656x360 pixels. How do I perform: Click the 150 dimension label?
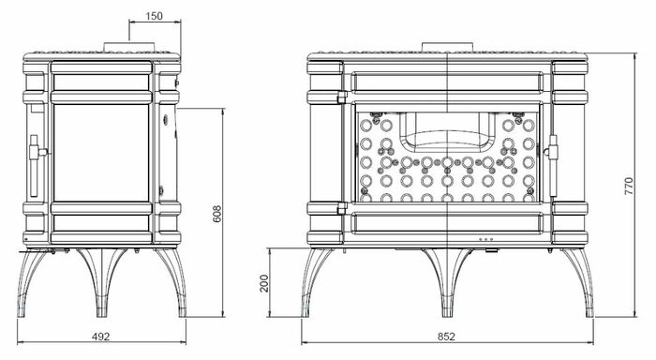(154, 16)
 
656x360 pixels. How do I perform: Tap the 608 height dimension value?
(217, 214)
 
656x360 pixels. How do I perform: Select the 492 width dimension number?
(100, 337)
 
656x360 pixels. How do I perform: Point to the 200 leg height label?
(264, 283)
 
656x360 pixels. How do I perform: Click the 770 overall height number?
(629, 186)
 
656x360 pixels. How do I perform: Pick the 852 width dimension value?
(446, 337)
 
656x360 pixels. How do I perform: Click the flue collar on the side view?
(129, 47)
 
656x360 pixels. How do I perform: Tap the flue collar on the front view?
(447, 47)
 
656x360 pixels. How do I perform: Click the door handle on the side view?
(36, 165)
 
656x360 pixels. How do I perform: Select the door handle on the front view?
(552, 165)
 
